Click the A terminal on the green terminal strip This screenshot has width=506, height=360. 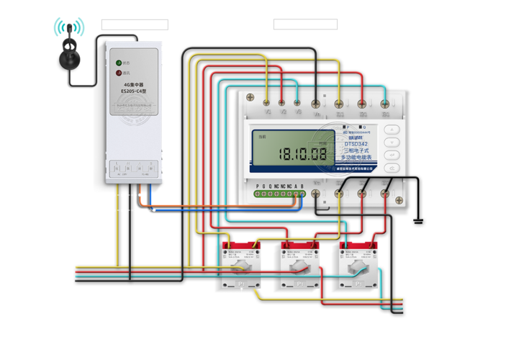point(294,193)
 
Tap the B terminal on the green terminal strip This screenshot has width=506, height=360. point(302,193)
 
